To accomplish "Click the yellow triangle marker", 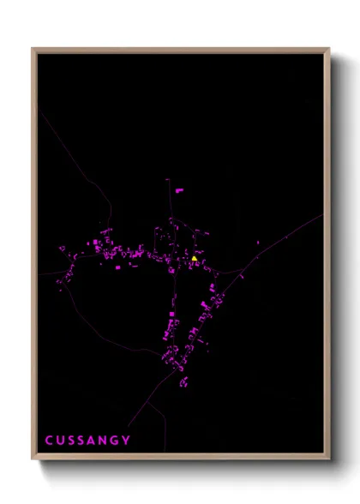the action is click(195, 257).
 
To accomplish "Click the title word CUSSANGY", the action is click(88, 441).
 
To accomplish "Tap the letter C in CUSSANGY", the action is click(50, 441).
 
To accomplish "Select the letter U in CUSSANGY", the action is click(61, 441).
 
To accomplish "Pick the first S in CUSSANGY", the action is click(72, 441).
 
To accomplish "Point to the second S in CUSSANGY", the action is click(83, 441).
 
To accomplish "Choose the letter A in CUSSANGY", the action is click(93, 441).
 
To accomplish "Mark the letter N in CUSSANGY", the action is click(105, 441).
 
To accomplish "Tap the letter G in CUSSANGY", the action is click(117, 441).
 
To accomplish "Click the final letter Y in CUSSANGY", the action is click(128, 441).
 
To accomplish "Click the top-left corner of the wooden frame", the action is click(33, 49).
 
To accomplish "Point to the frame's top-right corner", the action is click(329, 49).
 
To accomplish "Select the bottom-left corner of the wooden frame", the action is click(33, 459).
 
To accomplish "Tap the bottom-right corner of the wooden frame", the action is click(329, 459).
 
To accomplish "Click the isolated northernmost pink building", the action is click(179, 189).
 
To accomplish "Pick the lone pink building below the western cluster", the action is click(117, 267).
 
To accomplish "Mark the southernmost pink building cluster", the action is click(183, 381).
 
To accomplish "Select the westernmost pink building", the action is click(61, 249).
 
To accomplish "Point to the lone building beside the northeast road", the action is click(257, 244).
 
